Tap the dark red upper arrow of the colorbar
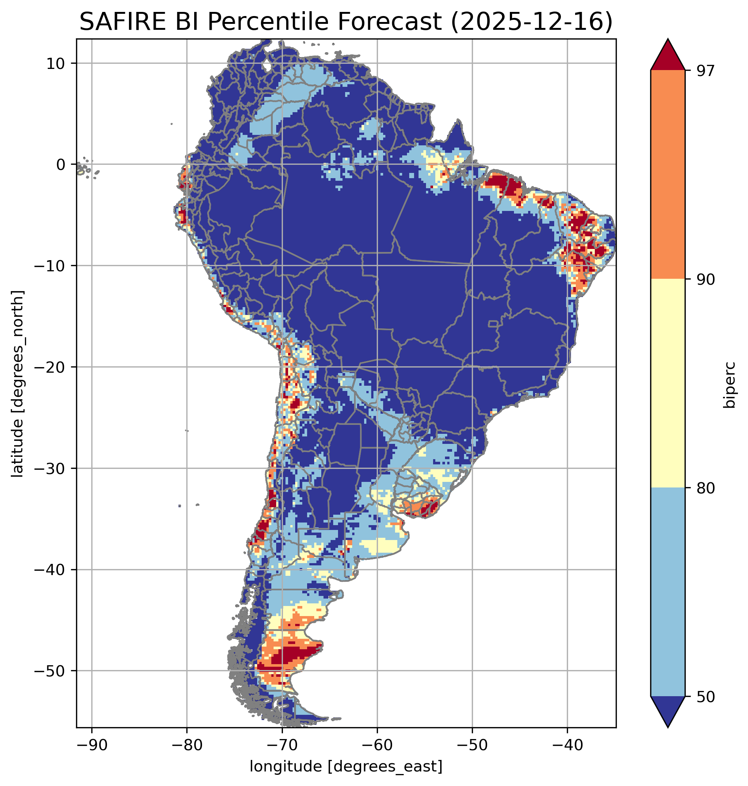[667, 56]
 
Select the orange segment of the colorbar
[667, 175]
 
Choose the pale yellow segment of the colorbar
[667, 383]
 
